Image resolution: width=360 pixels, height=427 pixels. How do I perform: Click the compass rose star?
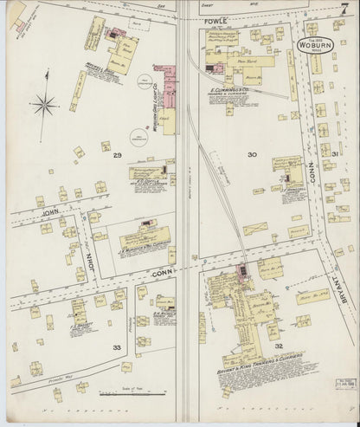[x=43, y=106]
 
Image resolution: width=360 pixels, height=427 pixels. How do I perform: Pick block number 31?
[x=336, y=154]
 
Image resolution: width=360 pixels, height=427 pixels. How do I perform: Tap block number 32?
[x=279, y=345]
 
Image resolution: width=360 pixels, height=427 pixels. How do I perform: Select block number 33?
[x=117, y=346]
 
